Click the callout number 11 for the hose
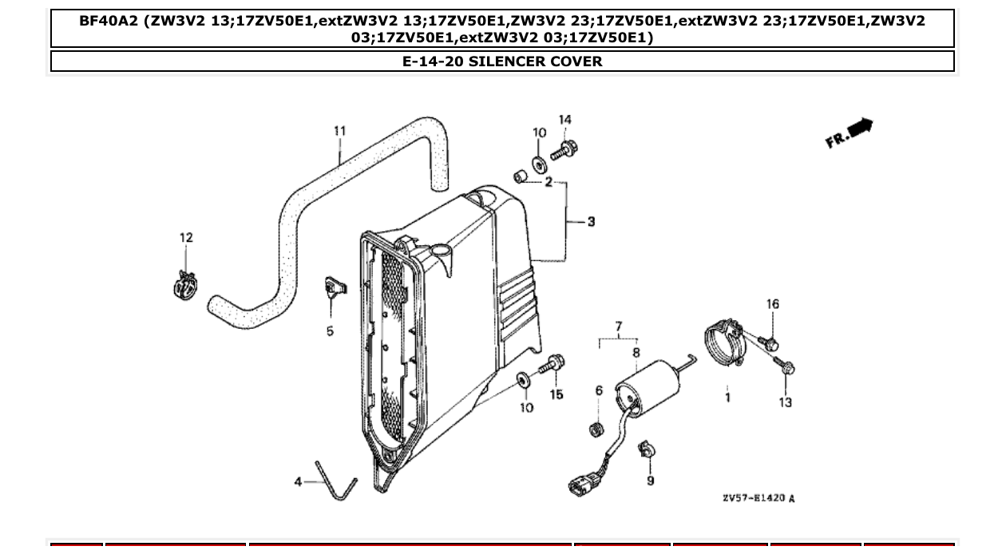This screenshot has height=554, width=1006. pyautogui.click(x=339, y=131)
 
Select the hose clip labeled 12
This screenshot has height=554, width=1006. pyautogui.click(x=185, y=285)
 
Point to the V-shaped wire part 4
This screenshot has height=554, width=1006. pyautogui.click(x=335, y=481)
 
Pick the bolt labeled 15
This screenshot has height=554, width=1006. pyautogui.click(x=553, y=366)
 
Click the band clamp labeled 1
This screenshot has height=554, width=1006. pyautogui.click(x=724, y=342)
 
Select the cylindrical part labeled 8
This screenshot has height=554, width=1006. pyautogui.click(x=648, y=387)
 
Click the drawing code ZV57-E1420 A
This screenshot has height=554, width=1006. pyautogui.click(x=758, y=499)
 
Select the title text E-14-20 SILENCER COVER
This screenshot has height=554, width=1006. pyautogui.click(x=502, y=61)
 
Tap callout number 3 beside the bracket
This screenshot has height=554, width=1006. pyautogui.click(x=591, y=221)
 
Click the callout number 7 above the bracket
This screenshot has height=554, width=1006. pyautogui.click(x=618, y=326)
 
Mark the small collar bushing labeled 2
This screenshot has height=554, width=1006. pyautogui.click(x=520, y=175)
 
